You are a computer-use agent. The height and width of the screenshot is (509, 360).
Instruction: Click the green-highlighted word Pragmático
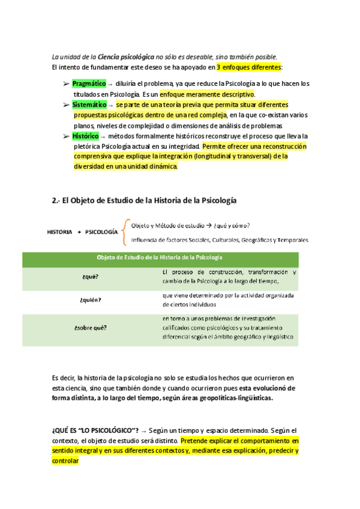pyautogui.click(x=89, y=83)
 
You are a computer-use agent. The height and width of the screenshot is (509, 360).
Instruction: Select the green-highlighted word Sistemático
pyautogui.click(x=89, y=105)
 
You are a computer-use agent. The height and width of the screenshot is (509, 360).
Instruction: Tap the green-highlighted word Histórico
pyautogui.click(x=86, y=137)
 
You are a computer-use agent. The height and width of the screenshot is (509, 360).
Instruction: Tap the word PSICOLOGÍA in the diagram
pyautogui.click(x=101, y=232)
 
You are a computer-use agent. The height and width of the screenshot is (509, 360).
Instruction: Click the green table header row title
pyautogui.click(x=160, y=257)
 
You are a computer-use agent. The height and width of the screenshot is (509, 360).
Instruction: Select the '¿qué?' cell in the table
pyautogui.click(x=91, y=277)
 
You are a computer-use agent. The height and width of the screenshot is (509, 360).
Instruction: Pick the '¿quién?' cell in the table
pyautogui.click(x=91, y=300)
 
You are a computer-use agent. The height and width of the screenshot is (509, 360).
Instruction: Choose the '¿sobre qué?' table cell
pyautogui.click(x=91, y=327)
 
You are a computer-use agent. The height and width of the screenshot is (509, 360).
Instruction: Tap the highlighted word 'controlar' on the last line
pyautogui.click(x=65, y=461)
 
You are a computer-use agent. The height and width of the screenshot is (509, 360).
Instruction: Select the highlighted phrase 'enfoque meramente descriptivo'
pyautogui.click(x=207, y=94)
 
